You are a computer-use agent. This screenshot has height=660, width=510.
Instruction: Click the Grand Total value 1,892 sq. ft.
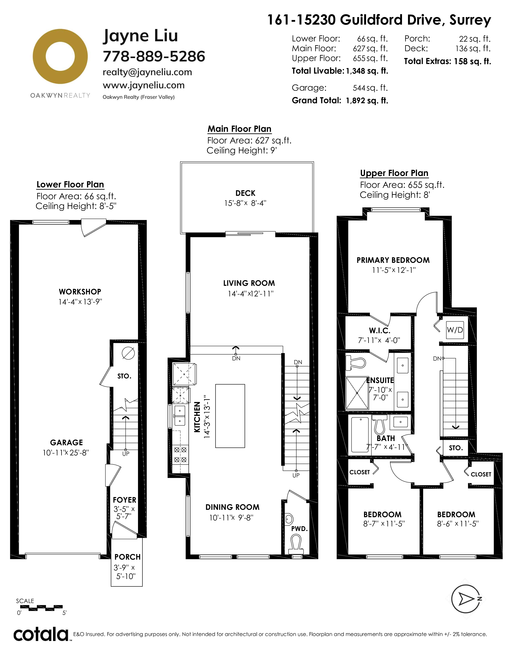point(367,101)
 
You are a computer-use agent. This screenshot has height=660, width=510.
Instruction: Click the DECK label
point(245,193)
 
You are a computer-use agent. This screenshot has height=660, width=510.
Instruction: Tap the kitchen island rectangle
point(230,416)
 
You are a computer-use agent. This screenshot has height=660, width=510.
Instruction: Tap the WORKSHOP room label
point(80,292)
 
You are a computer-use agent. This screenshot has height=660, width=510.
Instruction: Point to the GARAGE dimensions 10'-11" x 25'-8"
point(66,453)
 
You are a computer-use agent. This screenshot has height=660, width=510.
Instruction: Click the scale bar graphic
point(45,607)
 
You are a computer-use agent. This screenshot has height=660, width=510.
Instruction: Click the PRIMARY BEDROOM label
point(393,260)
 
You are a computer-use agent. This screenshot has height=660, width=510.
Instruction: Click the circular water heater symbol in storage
point(128,353)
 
